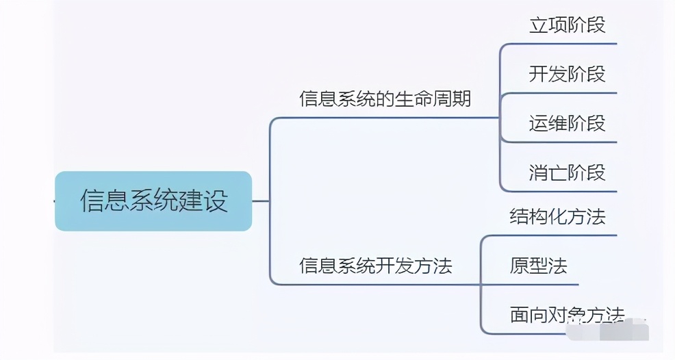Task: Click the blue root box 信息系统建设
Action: point(153,201)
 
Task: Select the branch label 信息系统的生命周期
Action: point(385,99)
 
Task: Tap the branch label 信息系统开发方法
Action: point(375,266)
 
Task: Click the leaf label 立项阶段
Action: point(567,25)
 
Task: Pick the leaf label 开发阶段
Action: point(567,74)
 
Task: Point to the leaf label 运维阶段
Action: point(567,123)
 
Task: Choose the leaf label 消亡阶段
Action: point(567,172)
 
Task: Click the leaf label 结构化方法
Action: point(557,217)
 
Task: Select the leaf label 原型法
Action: point(538,266)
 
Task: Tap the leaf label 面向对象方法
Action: point(567,315)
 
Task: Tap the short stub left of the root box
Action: point(53,201)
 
